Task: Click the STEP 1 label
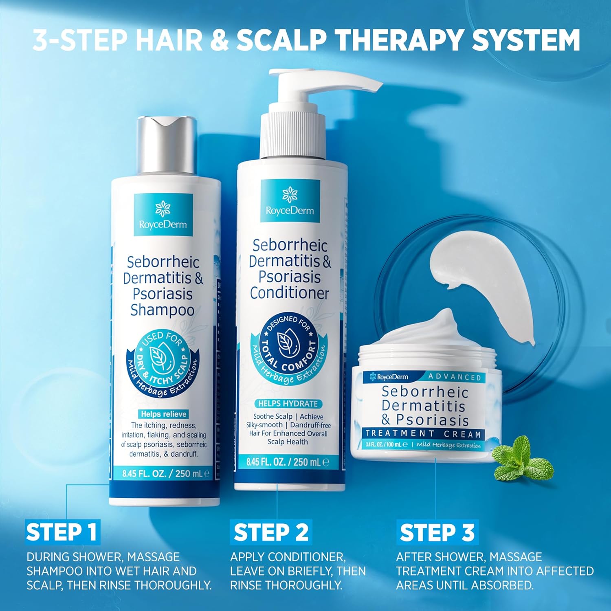coord(62,532)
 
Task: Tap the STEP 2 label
coord(271,532)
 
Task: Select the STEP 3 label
coord(437,532)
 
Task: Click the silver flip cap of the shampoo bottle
coord(166,145)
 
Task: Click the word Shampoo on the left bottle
coord(162,310)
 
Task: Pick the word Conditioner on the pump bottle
coord(289,293)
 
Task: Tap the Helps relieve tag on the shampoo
coord(163,414)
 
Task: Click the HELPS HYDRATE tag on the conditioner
coord(288,404)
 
